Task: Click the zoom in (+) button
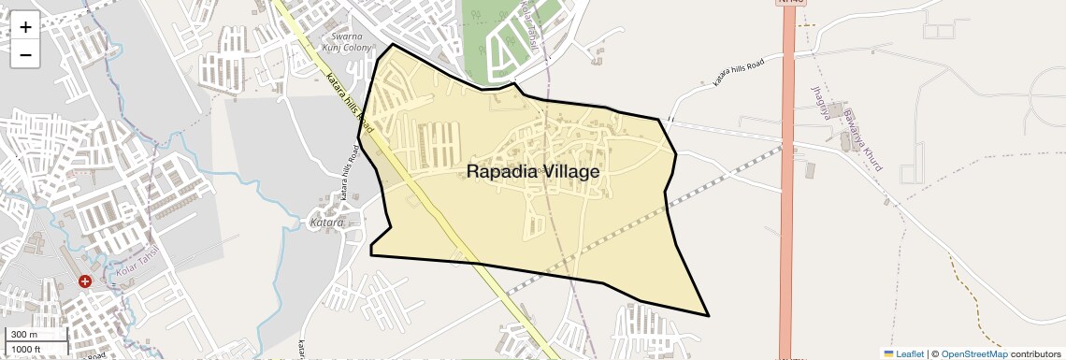click(25, 27)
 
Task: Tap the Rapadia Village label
click(532, 172)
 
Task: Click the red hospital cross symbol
click(85, 281)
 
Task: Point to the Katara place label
click(326, 223)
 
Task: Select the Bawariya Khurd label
click(862, 140)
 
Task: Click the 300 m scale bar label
click(24, 335)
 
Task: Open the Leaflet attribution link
click(910, 353)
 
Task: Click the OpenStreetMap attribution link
click(973, 353)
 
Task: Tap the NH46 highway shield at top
click(789, 3)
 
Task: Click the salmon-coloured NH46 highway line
click(787, 234)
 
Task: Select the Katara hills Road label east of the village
click(739, 72)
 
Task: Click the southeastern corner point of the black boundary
click(708, 315)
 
